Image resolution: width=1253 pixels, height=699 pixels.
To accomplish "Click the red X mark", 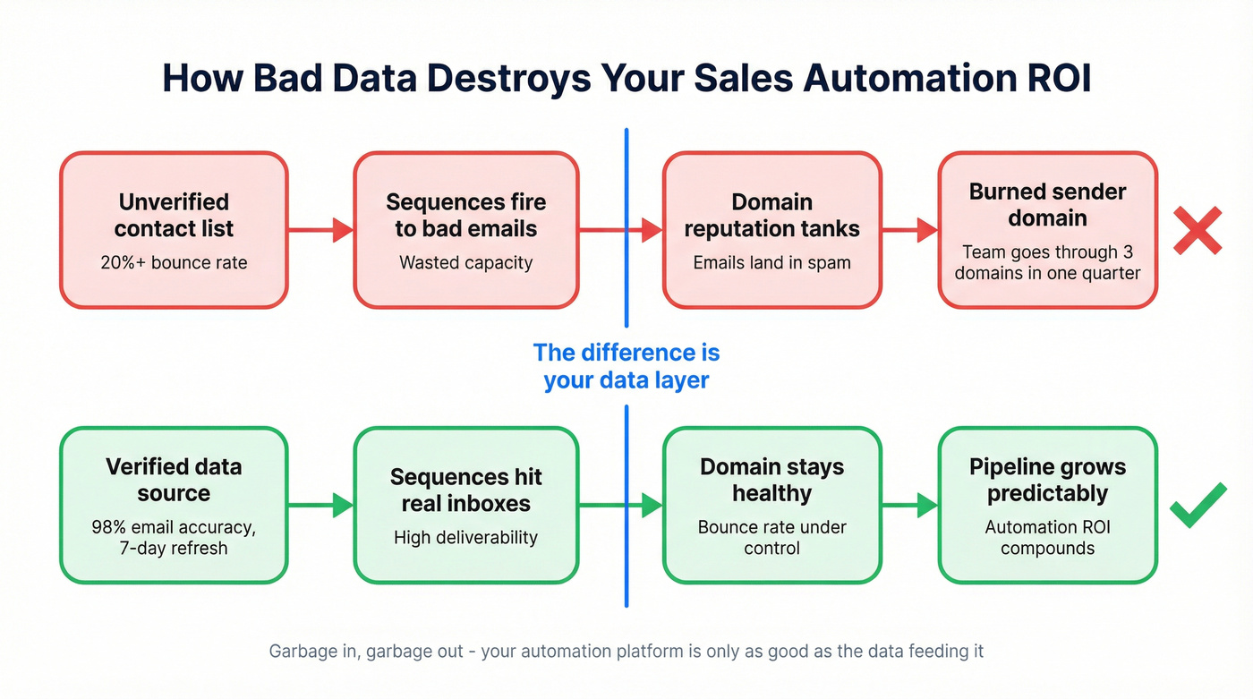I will [x=1198, y=230].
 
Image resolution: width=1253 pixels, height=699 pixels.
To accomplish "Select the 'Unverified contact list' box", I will [x=174, y=230].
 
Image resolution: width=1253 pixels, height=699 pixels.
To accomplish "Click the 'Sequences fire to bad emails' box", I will [x=465, y=230].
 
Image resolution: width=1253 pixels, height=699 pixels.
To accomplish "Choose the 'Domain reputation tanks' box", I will [x=771, y=230].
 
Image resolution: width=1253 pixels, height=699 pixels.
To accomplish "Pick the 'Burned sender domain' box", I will [x=1047, y=230].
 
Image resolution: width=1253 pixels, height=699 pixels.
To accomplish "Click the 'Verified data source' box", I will [x=174, y=505].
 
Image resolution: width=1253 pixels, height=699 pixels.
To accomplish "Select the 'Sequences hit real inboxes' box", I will [x=465, y=505].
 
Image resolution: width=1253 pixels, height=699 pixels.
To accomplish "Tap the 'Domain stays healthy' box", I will [x=771, y=505].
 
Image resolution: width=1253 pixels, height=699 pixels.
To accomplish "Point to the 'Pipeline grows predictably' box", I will [x=1047, y=505].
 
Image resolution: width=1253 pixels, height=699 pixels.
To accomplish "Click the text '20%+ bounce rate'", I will [x=174, y=263].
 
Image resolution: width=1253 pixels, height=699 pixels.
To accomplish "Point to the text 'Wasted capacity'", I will [x=465, y=263].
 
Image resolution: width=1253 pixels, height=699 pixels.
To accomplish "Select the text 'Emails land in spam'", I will [x=771, y=263].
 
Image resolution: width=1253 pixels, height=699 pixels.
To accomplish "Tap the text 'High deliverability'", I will [x=465, y=538].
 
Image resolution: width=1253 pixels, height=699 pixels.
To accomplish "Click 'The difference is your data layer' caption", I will [x=626, y=366].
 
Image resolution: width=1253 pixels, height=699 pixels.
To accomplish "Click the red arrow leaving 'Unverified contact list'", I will [x=320, y=230].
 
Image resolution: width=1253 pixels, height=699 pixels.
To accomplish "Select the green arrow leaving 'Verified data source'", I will [x=320, y=506].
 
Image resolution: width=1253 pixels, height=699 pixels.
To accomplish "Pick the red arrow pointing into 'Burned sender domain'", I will [x=909, y=230].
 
